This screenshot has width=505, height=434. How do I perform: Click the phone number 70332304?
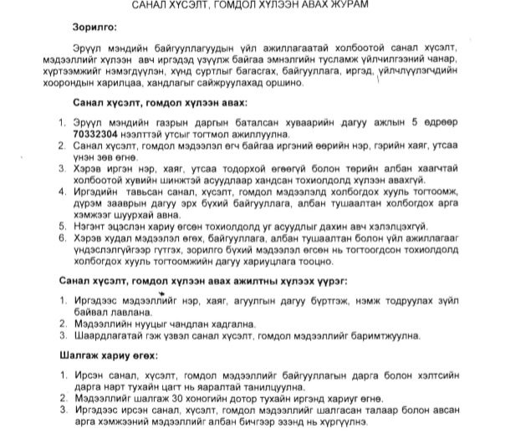[x=99, y=132]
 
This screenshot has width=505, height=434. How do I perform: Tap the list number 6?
[x=64, y=237]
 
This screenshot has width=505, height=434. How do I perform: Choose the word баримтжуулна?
[x=396, y=334]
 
